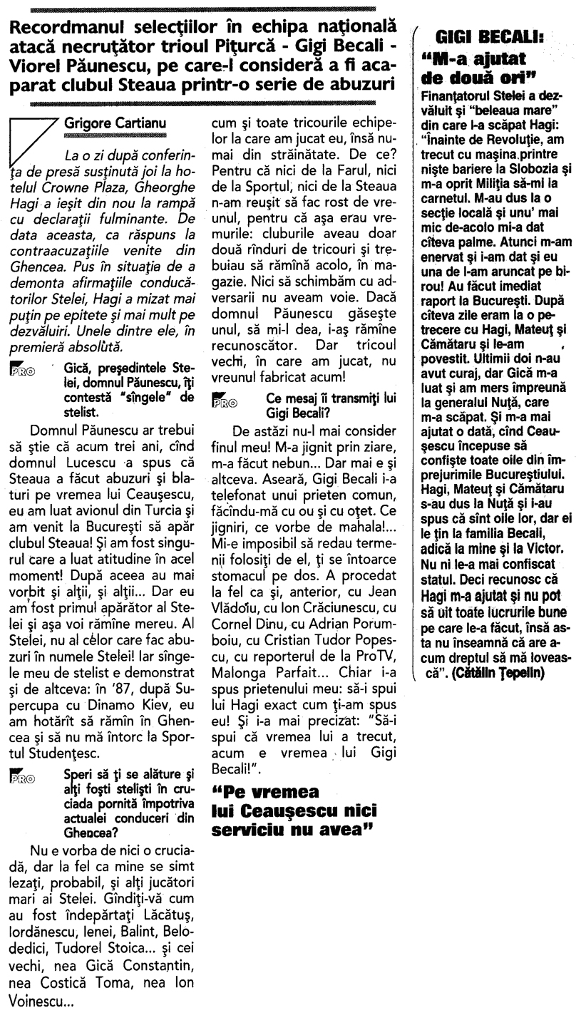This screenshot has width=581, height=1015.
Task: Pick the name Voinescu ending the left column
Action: pos(47,1000)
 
